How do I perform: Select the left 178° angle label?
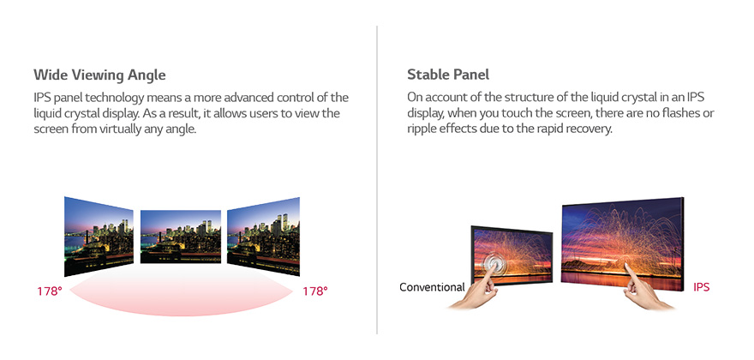pyautogui.click(x=49, y=291)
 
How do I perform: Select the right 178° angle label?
pyautogui.click(x=315, y=291)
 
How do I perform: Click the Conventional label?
pyautogui.click(x=432, y=287)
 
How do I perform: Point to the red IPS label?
pyautogui.click(x=701, y=287)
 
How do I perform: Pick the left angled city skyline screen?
pyautogui.click(x=99, y=234)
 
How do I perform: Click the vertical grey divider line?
pyautogui.click(x=377, y=180)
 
